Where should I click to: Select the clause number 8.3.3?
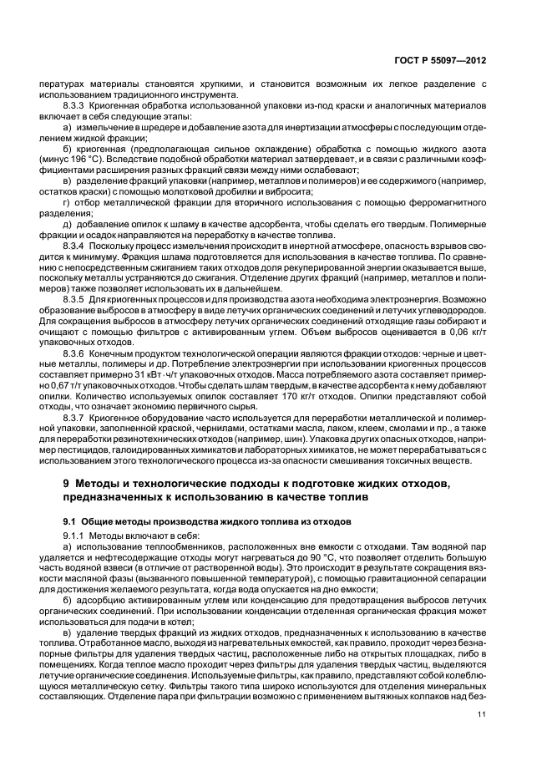click(77, 107)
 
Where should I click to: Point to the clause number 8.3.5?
click(77, 297)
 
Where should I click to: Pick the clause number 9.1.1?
click(76, 534)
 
